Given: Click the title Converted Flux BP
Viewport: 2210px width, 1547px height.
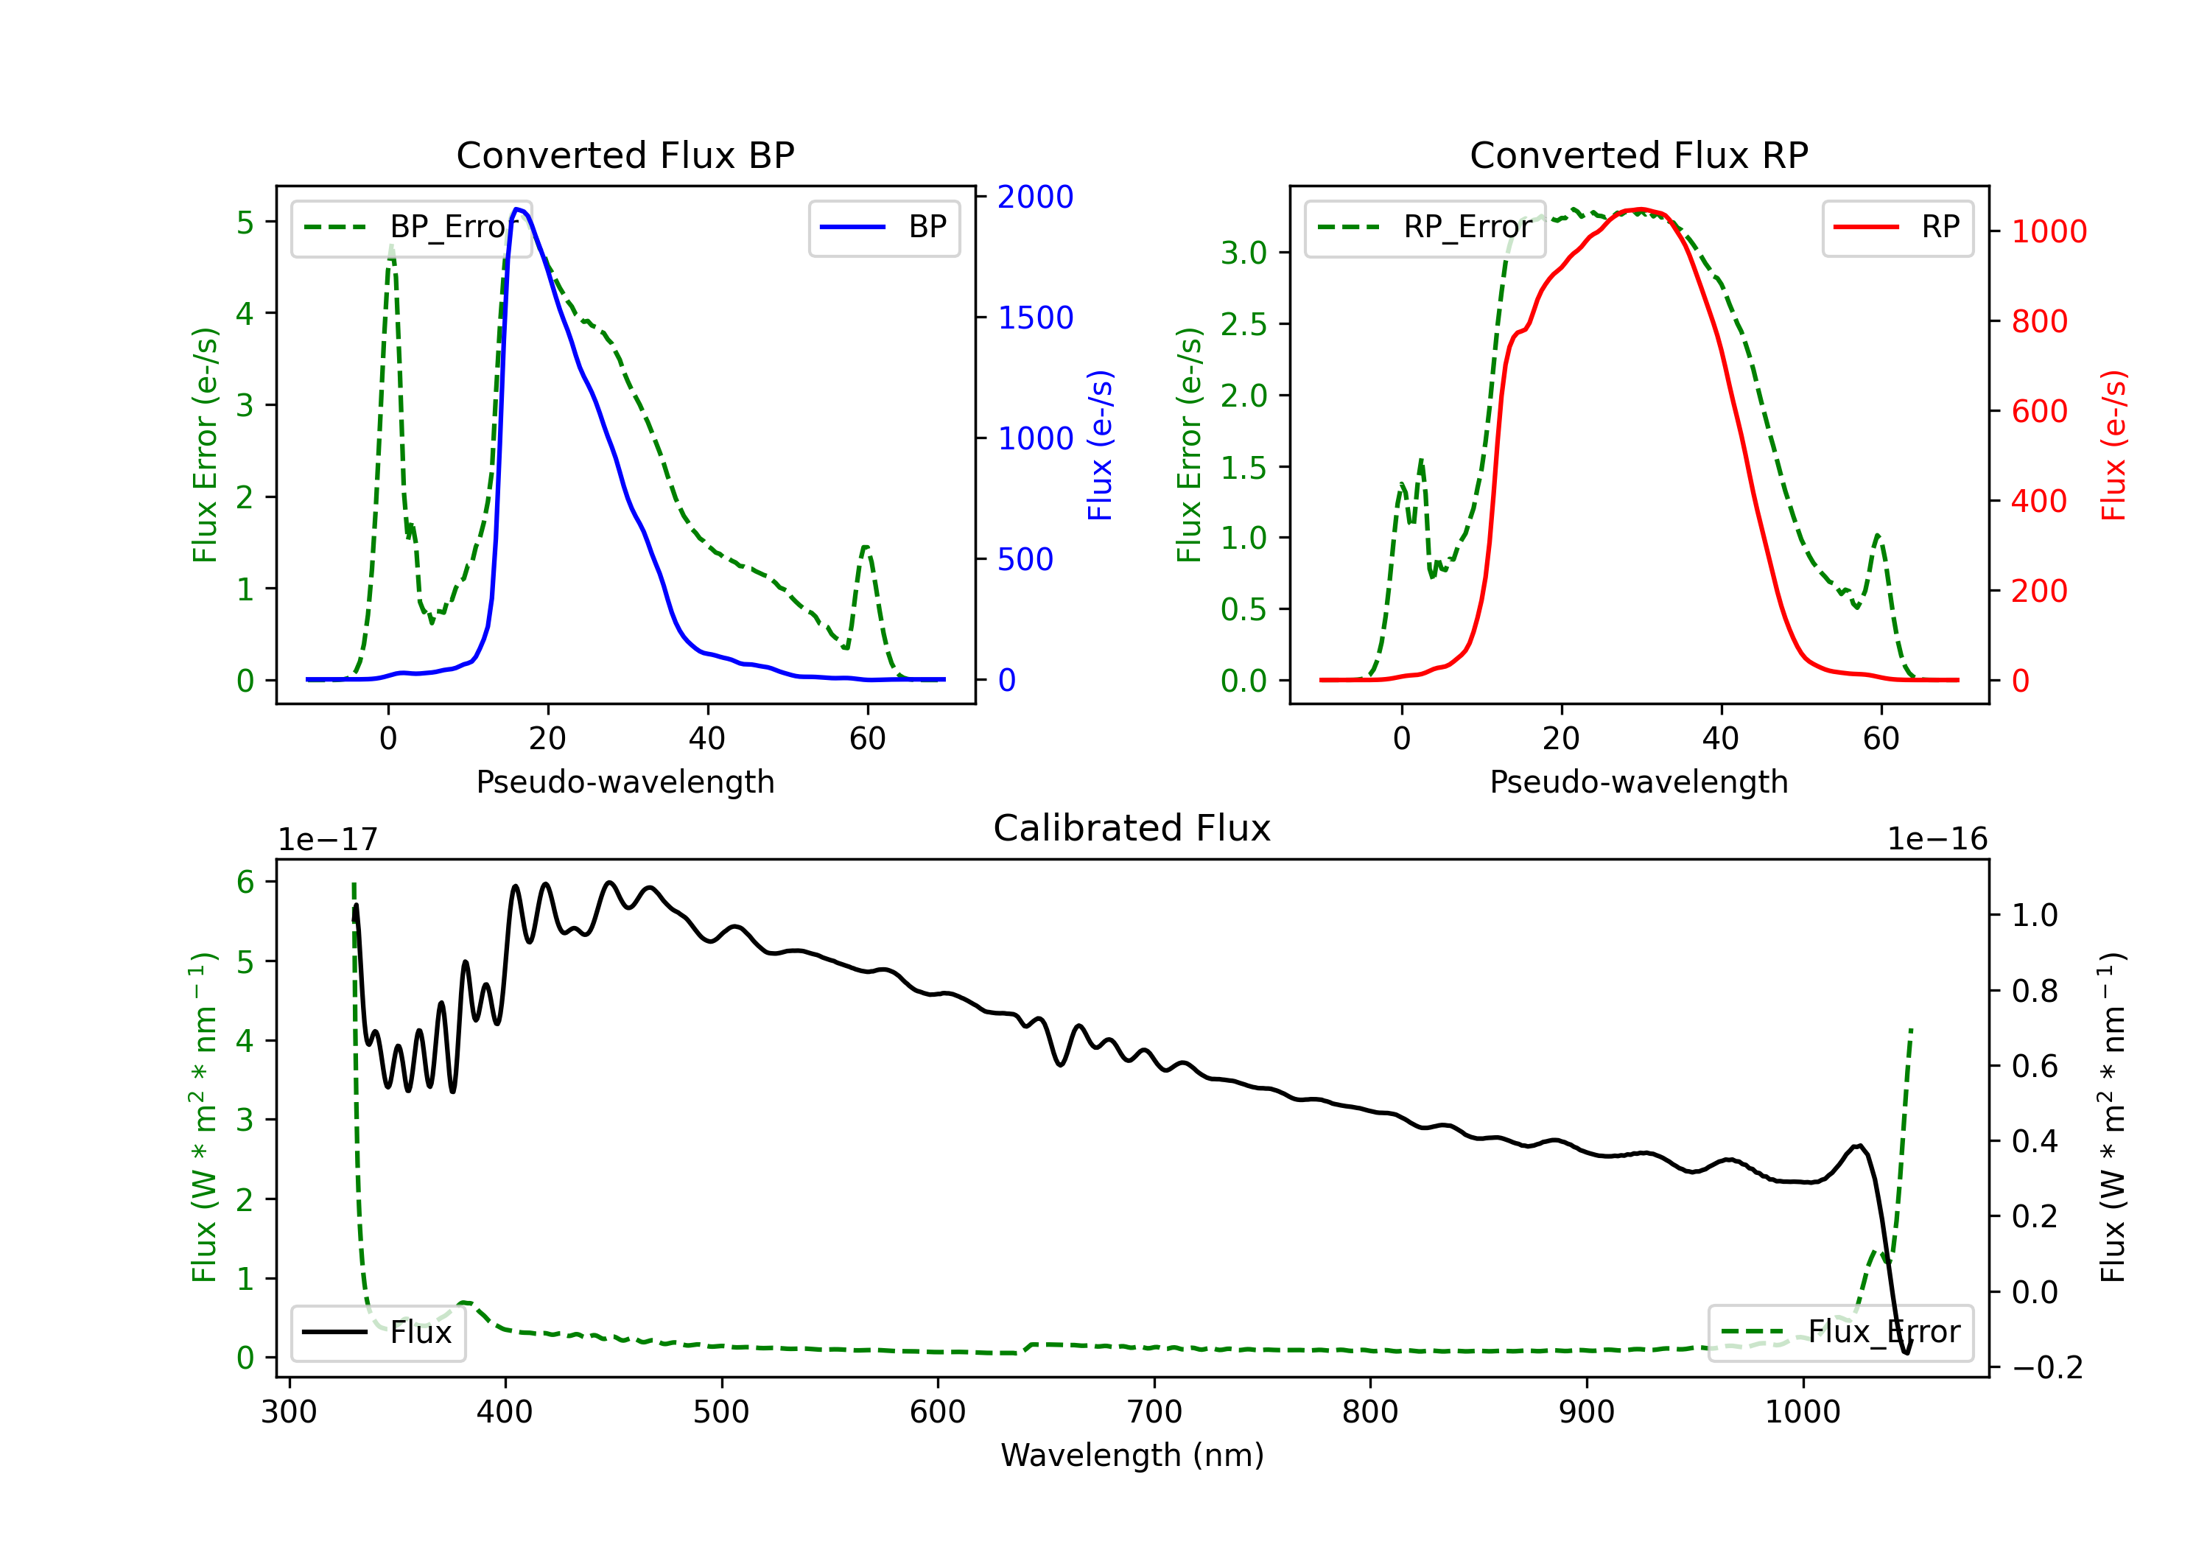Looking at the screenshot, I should [x=625, y=155].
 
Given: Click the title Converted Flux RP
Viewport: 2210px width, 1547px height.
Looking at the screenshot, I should [x=1638, y=155].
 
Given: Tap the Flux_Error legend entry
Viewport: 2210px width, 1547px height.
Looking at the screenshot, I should [x=1839, y=1333].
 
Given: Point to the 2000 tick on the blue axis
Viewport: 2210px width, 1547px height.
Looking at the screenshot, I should [x=1035, y=197].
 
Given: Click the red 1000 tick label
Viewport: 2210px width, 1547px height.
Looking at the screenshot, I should [x=2048, y=232].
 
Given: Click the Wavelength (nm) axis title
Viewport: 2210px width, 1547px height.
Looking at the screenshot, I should [x=1132, y=1455].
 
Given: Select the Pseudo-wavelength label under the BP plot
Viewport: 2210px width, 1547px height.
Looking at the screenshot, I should [x=625, y=782].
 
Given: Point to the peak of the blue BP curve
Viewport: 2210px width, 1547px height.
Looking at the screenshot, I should [x=518, y=209].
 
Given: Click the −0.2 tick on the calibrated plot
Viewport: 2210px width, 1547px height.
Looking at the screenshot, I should [x=2046, y=1368].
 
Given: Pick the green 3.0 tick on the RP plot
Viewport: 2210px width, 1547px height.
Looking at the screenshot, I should [x=1243, y=253].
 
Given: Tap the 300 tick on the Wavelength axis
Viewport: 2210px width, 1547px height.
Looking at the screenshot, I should [x=289, y=1412].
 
